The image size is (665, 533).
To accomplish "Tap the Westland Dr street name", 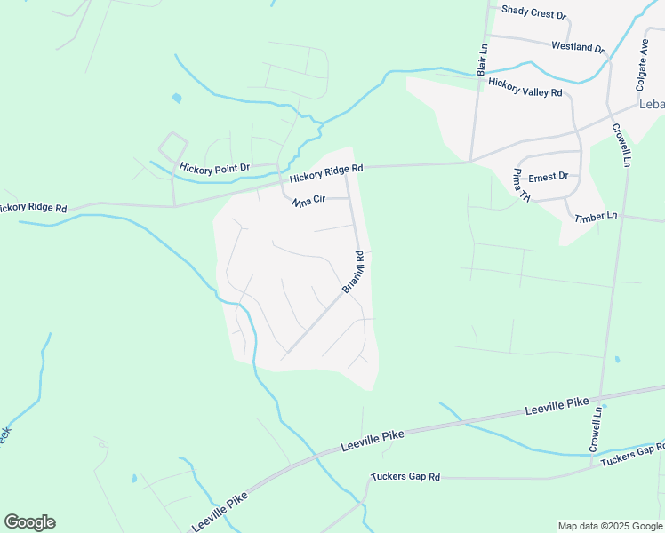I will (x=577, y=46).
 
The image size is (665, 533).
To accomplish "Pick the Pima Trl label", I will (x=521, y=185).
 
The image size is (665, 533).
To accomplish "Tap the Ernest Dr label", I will (x=548, y=177).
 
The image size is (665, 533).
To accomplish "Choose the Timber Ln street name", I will (x=596, y=217).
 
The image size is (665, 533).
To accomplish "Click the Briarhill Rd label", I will (x=354, y=273).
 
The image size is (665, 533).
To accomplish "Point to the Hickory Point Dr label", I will (x=214, y=167).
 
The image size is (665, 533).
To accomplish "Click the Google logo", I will (x=29, y=522).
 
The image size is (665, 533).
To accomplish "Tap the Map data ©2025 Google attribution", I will (x=610, y=526).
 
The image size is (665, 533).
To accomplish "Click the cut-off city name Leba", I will (x=652, y=105).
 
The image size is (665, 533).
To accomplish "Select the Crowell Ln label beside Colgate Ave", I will (x=621, y=145).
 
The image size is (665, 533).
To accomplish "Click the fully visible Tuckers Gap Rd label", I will (x=405, y=477).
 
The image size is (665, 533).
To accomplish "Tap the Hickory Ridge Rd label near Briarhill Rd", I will (x=326, y=169).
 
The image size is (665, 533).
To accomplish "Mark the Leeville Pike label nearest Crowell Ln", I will (x=557, y=408).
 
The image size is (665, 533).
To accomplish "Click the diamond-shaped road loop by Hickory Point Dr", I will (x=172, y=145).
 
